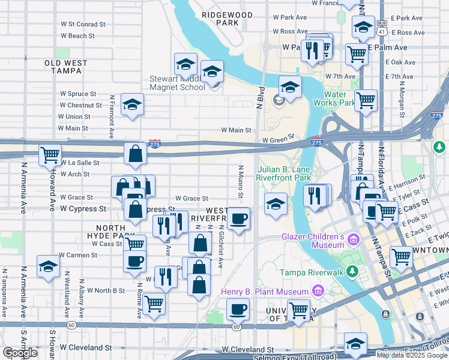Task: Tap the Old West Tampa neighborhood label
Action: click(66, 67)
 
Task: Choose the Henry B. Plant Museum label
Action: click(265, 292)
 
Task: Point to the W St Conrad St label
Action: click(83, 25)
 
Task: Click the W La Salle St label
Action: click(79, 163)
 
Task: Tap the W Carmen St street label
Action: click(78, 255)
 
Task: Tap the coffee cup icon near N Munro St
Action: click(238, 219)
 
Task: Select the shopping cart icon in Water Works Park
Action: click(365, 100)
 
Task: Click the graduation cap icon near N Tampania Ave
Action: click(48, 266)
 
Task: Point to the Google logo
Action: click(20, 353)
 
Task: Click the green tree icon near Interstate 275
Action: click(439, 146)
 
